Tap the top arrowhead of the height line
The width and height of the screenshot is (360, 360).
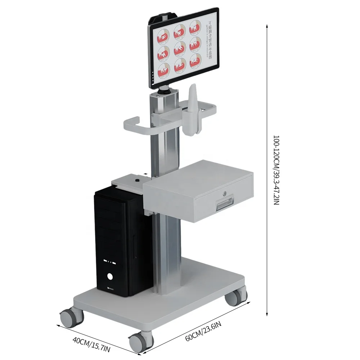267,26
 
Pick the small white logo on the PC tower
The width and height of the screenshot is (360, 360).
111,288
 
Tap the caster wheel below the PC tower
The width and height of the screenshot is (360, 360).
70,318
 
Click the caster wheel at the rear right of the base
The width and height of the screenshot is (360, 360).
235,297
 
